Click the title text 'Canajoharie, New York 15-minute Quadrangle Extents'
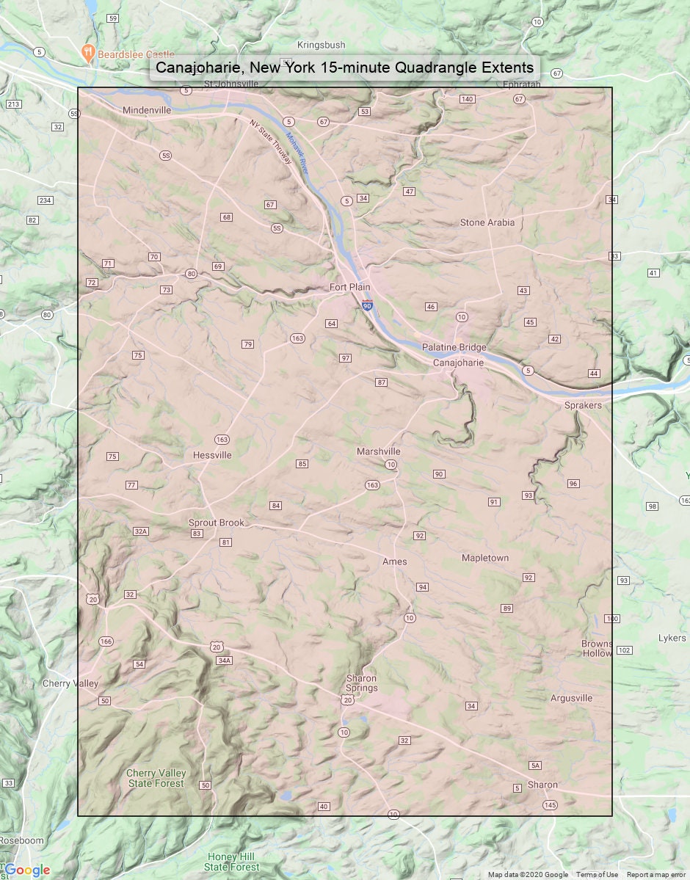click(x=345, y=68)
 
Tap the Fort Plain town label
click(x=349, y=287)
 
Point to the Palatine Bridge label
click(x=454, y=347)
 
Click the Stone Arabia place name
click(x=487, y=222)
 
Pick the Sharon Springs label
click(x=361, y=683)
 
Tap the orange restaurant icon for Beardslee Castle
click(x=87, y=52)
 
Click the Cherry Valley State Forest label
click(x=156, y=779)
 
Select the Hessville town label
click(x=212, y=455)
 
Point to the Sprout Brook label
click(x=217, y=523)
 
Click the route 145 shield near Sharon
click(x=550, y=805)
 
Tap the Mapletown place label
click(x=484, y=559)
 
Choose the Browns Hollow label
click(x=596, y=649)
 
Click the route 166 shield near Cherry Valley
click(x=106, y=641)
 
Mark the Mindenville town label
click(x=147, y=110)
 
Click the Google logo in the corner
click(x=27, y=870)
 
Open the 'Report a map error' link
click(x=657, y=874)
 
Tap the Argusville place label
click(x=571, y=698)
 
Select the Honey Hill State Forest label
click(x=231, y=862)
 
